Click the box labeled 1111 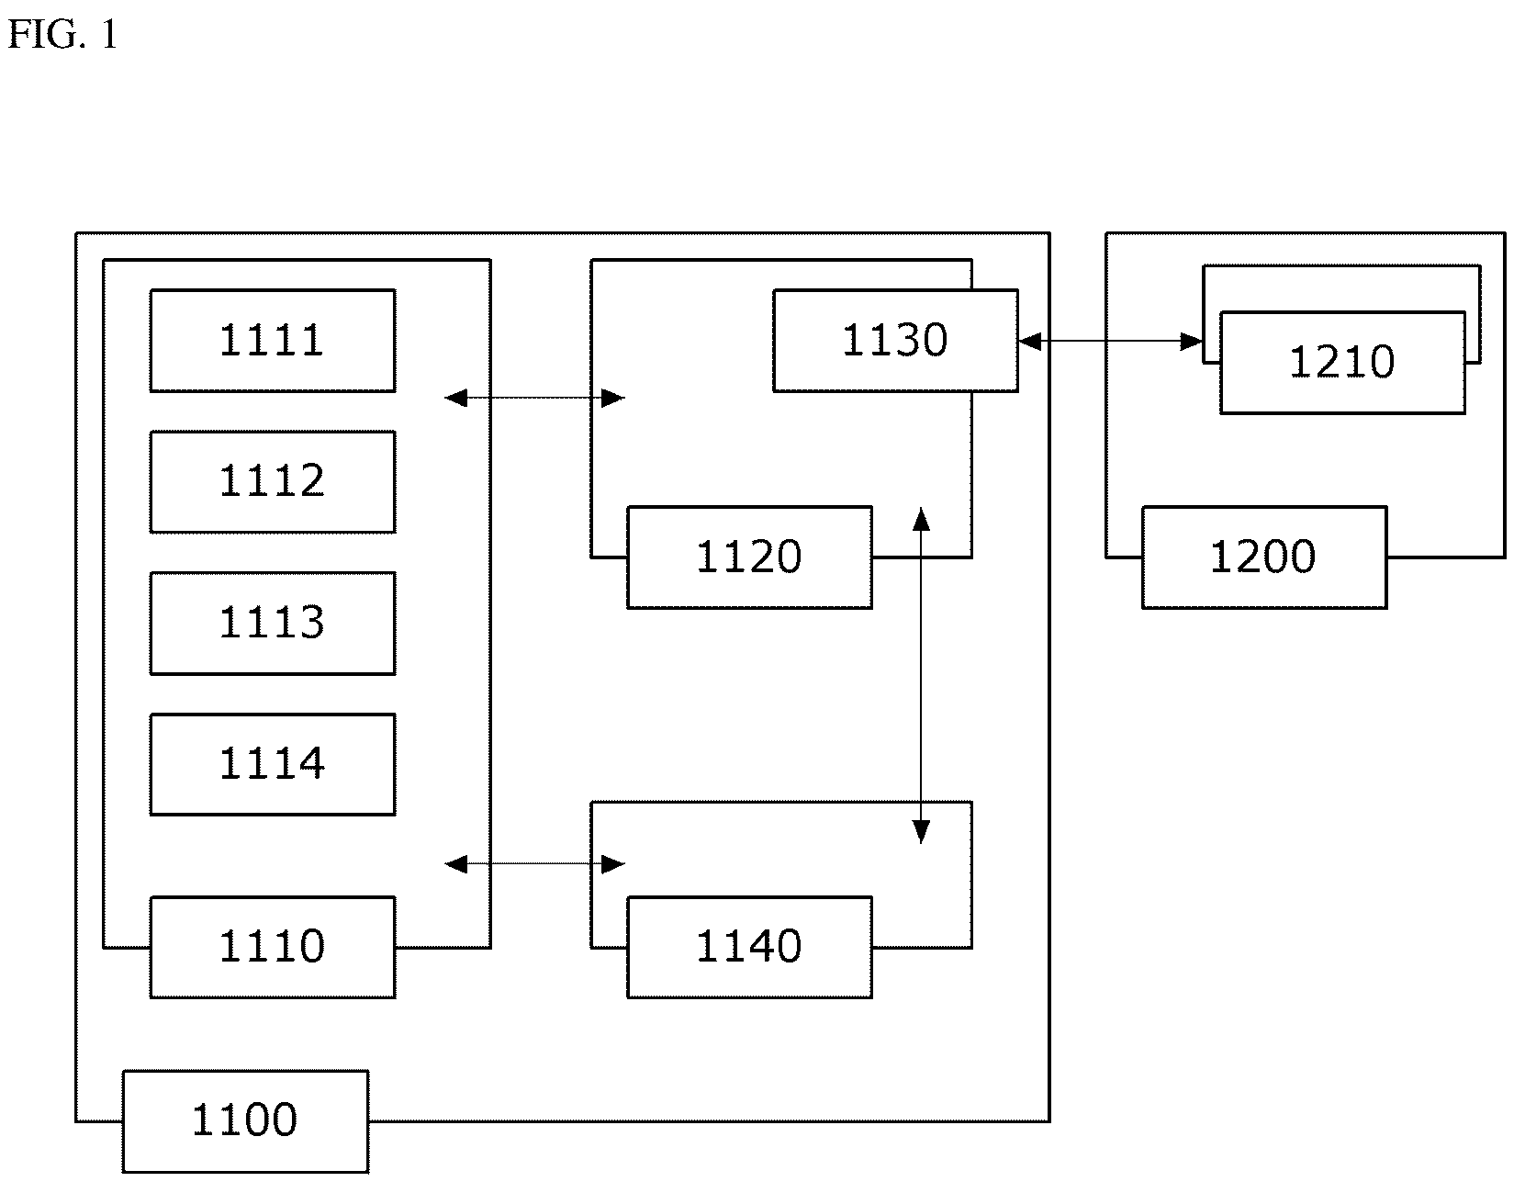(273, 341)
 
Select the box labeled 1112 (273, 482)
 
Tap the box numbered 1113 (273, 624)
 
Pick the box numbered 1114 (273, 764)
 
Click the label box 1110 (273, 947)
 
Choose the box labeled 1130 (895, 341)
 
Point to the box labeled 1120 (749, 557)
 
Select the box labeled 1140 (749, 947)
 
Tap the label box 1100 (245, 1120)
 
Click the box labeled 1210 (1342, 363)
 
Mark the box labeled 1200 (1264, 557)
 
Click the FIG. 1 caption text (62, 34)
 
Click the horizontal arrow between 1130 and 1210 (1111, 342)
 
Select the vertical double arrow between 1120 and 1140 (921, 675)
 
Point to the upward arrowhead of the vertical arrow (921, 519)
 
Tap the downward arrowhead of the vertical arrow (921, 832)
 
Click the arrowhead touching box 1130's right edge (1029, 342)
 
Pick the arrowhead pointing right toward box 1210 (1192, 342)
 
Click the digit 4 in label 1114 (311, 763)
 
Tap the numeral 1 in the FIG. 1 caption (108, 34)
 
